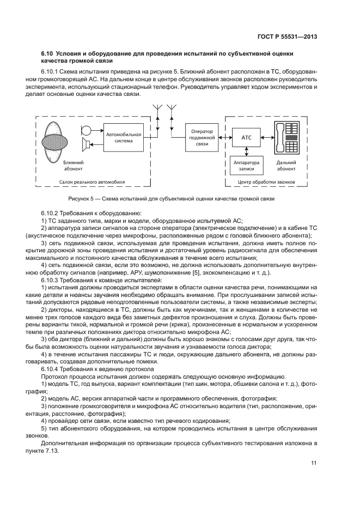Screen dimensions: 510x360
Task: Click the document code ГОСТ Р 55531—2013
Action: coord(288,37)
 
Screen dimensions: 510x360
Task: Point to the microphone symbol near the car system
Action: coord(87,131)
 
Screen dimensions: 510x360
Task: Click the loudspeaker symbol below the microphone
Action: coord(86,145)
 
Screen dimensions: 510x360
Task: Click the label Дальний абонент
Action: coord(286,165)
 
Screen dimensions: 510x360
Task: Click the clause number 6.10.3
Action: coord(50,279)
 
